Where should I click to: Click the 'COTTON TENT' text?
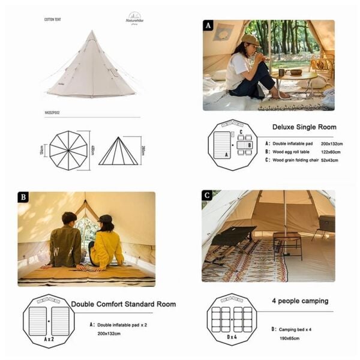click(52, 19)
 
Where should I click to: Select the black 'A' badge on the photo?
click(208, 26)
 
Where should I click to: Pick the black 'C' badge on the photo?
click(208, 196)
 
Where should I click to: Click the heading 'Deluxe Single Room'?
click(304, 127)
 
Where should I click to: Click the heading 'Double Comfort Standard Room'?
click(124, 304)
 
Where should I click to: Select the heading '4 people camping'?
click(300, 301)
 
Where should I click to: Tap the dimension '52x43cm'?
click(317, 161)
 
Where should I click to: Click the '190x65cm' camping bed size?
click(293, 338)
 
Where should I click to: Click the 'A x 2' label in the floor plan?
click(48, 338)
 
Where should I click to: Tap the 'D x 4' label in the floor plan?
click(232, 338)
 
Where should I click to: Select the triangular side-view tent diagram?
click(119, 151)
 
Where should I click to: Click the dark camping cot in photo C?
click(234, 236)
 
